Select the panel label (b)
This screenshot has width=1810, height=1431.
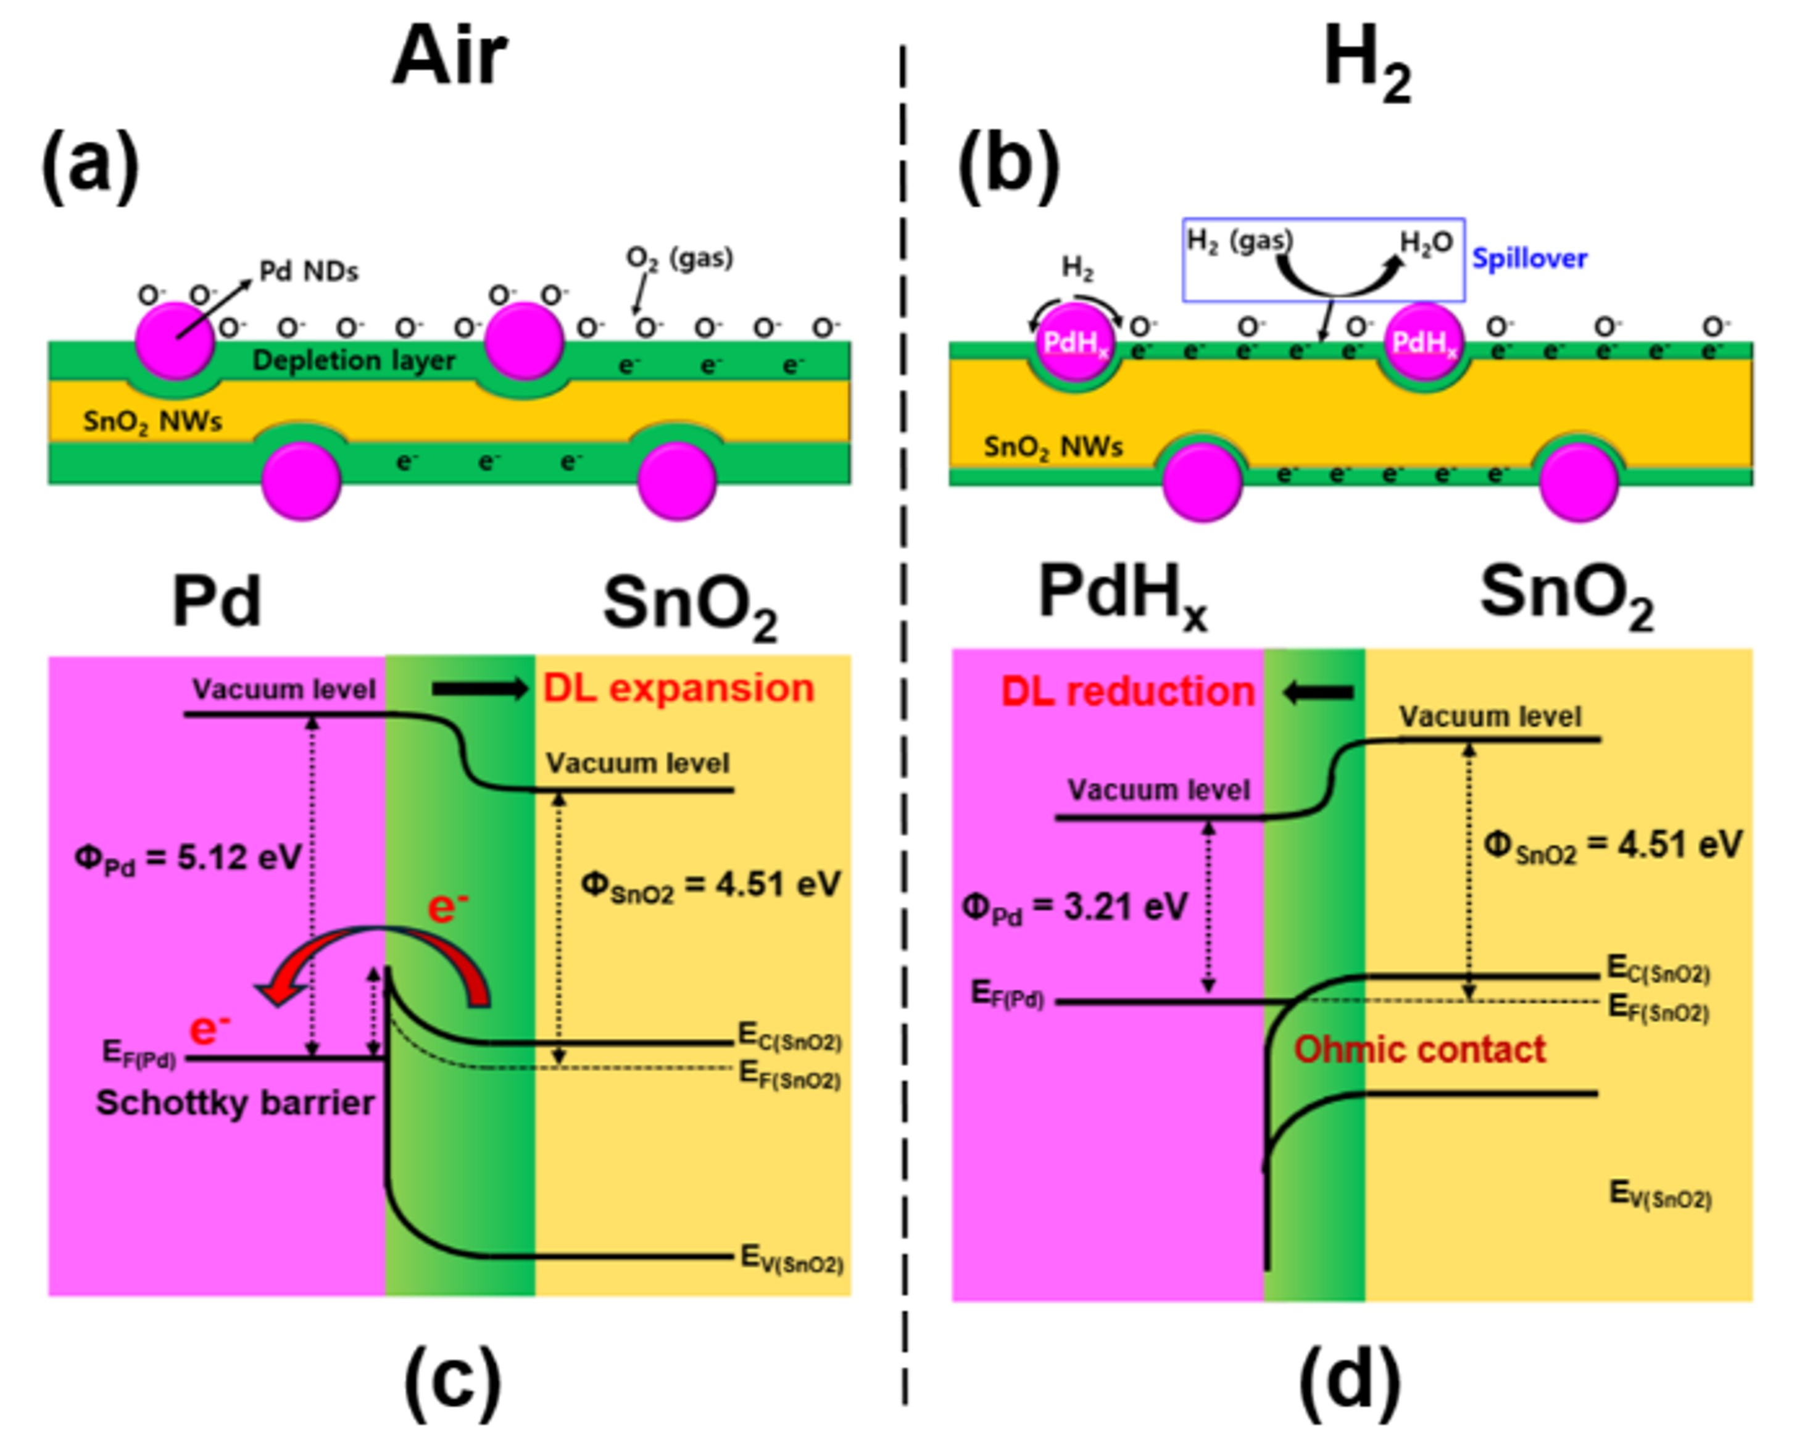click(1008, 166)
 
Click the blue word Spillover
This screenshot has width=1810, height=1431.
click(1529, 259)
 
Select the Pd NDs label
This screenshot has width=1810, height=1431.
click(309, 272)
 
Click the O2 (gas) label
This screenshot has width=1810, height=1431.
click(679, 258)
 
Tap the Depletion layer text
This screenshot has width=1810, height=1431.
click(354, 361)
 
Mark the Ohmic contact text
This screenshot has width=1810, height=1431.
click(1419, 1049)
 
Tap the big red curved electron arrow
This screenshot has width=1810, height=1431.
click(377, 955)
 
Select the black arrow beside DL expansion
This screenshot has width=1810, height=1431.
click(480, 689)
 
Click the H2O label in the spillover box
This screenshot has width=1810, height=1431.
click(1426, 243)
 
